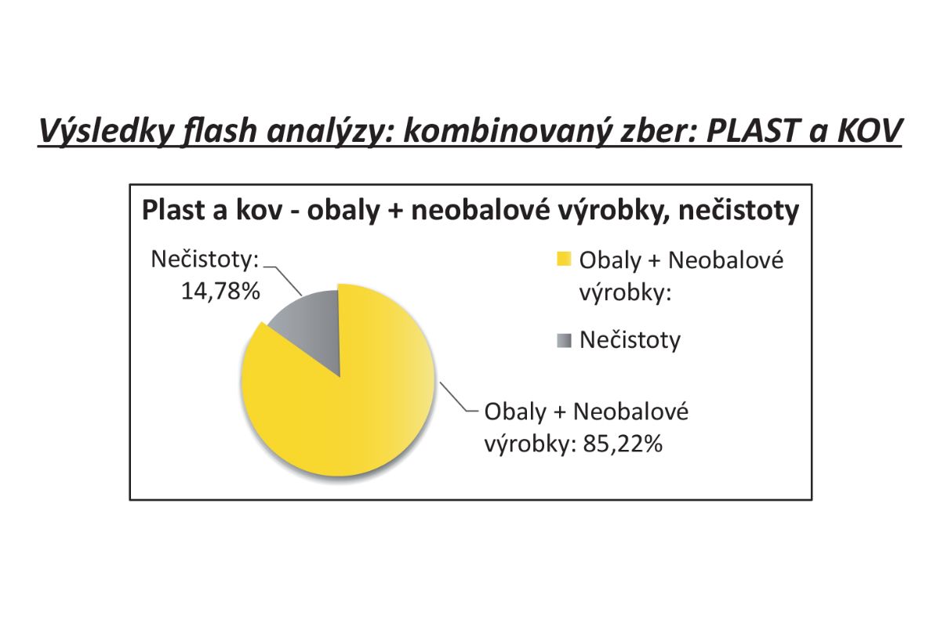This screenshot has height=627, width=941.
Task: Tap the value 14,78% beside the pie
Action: pyautogui.click(x=220, y=291)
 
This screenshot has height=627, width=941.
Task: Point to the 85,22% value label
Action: pyautogui.click(x=622, y=444)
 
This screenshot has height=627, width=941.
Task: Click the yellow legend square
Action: pyautogui.click(x=564, y=259)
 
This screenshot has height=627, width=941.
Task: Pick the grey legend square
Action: pyautogui.click(x=564, y=340)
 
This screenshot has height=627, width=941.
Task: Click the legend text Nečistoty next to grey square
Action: pyautogui.click(x=630, y=339)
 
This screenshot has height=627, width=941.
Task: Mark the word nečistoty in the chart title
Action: pyautogui.click(x=739, y=210)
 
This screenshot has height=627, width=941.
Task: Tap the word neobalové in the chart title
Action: pyautogui.click(x=481, y=210)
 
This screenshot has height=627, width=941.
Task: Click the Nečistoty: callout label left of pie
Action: pyautogui.click(x=205, y=259)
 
